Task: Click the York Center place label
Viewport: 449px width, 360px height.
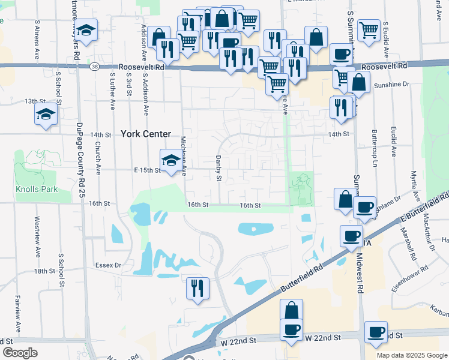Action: [x=146, y=134]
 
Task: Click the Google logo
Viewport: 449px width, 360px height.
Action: [x=19, y=353]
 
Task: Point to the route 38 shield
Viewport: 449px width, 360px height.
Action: [x=95, y=67]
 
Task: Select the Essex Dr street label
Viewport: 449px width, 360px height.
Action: [x=109, y=264]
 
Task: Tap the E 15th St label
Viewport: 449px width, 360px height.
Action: [x=146, y=170]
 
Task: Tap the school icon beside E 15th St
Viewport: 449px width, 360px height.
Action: [x=170, y=160]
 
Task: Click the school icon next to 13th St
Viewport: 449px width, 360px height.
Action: [x=46, y=114]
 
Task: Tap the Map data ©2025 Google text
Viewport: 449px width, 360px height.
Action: [x=411, y=355]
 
